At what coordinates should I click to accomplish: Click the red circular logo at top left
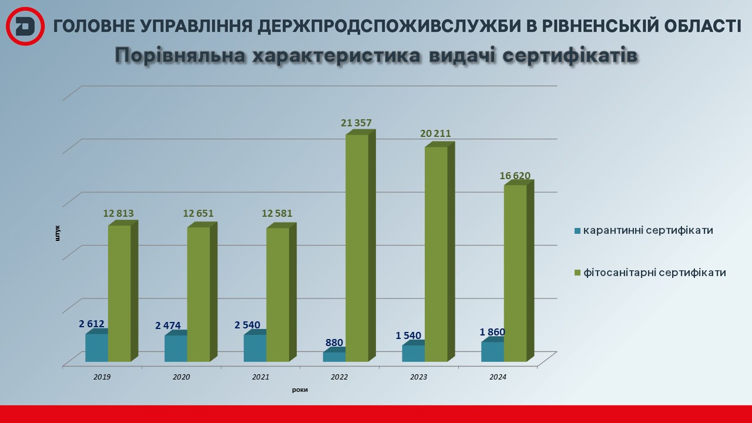pyautogui.click(x=26, y=26)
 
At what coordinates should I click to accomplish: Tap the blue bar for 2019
pyautogui.click(x=96, y=347)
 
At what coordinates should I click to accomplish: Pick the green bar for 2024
pyautogui.click(x=515, y=273)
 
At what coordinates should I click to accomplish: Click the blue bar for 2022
pyautogui.click(x=334, y=357)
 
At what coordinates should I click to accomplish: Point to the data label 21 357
pyautogui.click(x=356, y=123)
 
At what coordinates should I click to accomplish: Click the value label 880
pyautogui.click(x=334, y=343)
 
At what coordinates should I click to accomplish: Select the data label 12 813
pyautogui.click(x=119, y=213)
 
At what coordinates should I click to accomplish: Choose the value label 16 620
pyautogui.click(x=515, y=176)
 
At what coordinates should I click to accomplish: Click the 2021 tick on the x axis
pyautogui.click(x=260, y=377)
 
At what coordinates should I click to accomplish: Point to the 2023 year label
pyautogui.click(x=419, y=377)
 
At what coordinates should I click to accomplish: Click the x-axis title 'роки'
pyautogui.click(x=300, y=390)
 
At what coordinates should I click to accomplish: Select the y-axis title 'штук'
pyautogui.click(x=58, y=233)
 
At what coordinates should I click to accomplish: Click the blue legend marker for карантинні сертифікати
pyautogui.click(x=577, y=231)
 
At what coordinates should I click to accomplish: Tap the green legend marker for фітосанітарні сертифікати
pyautogui.click(x=577, y=273)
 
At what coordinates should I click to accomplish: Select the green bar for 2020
pyautogui.click(x=199, y=294)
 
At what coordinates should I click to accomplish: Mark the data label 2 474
pyautogui.click(x=167, y=325)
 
